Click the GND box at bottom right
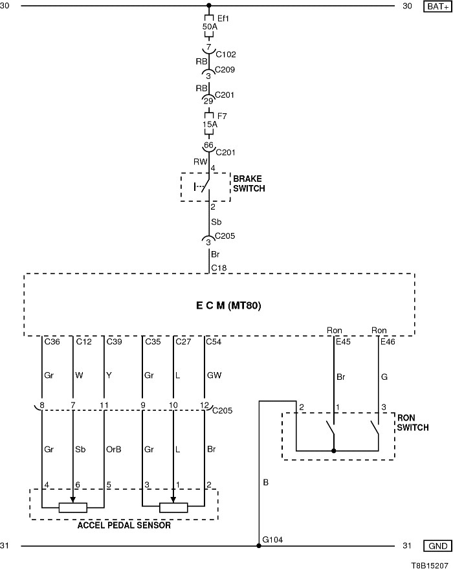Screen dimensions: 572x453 [x=436, y=546]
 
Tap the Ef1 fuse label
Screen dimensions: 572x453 [x=224, y=18]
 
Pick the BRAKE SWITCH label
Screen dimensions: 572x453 [x=249, y=182]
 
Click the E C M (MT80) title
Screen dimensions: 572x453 [x=219, y=305]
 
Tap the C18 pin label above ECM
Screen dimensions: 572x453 [x=218, y=267]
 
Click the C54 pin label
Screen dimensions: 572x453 [x=213, y=341]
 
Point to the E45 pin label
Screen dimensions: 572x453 [x=342, y=341]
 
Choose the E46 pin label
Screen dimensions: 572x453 [x=388, y=341]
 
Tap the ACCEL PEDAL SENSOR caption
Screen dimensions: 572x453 [x=124, y=525]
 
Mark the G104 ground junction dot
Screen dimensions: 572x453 [x=259, y=546]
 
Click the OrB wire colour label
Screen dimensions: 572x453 [x=113, y=448]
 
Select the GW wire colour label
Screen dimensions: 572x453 [x=214, y=374]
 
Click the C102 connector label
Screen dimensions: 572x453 [x=225, y=54]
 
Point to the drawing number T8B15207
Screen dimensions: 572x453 [x=428, y=564]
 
